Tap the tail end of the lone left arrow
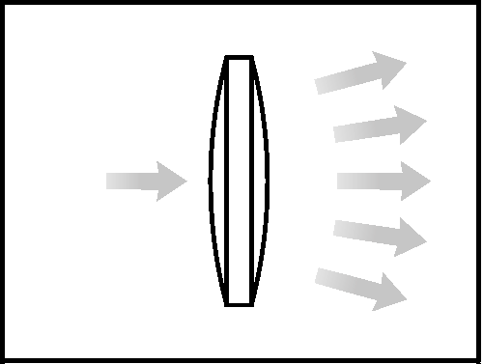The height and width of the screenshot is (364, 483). pos(109,181)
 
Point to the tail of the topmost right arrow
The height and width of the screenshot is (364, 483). pos(319,86)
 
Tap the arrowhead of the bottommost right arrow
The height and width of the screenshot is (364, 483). pos(390,293)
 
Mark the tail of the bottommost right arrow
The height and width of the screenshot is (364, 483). pos(319,276)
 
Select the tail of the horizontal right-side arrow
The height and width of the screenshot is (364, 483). pos(340,181)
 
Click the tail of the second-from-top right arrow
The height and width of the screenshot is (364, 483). pos(337,133)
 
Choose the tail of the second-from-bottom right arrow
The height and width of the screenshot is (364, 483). pos(337,228)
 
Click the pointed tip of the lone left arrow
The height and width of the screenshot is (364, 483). pos(185,181)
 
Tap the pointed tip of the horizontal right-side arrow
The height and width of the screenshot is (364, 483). pos(430,181)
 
